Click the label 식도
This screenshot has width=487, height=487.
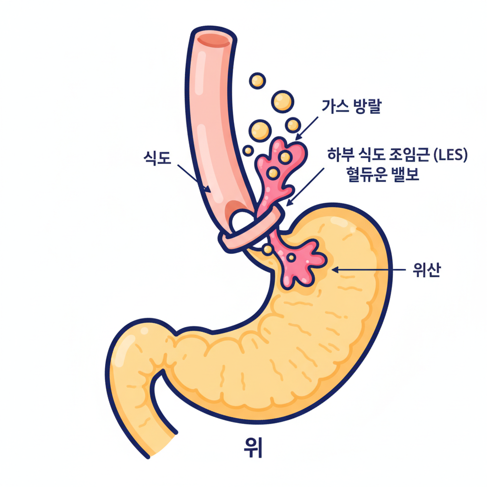[x=156, y=157]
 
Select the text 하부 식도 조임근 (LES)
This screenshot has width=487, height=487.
[x=397, y=155]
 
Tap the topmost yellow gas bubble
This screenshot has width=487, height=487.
[x=257, y=80]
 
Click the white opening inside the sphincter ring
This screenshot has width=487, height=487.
[x=242, y=220]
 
